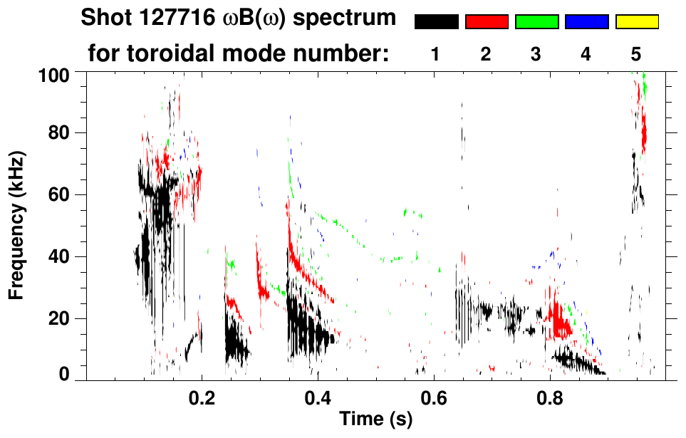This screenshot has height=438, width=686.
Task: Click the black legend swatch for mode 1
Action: click(x=436, y=22)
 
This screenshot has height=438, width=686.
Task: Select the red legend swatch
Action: click(x=487, y=22)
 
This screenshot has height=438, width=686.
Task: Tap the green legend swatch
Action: click(x=536, y=22)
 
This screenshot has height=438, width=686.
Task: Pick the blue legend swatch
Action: click(x=586, y=22)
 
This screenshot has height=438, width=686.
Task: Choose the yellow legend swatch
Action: click(x=636, y=22)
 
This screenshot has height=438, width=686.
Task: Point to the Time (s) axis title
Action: click(x=375, y=419)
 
